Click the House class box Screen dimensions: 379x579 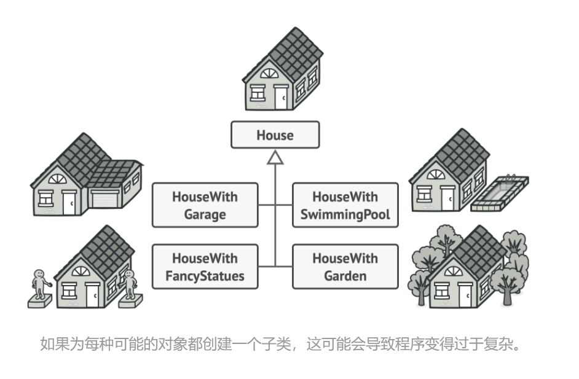click(x=275, y=135)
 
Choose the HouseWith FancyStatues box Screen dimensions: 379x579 click(x=205, y=267)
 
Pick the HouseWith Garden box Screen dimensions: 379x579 click(x=345, y=267)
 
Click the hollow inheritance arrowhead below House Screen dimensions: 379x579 click(x=275, y=158)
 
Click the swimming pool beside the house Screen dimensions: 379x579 click(x=500, y=193)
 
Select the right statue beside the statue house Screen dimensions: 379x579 click(x=130, y=285)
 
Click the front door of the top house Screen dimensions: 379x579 click(x=280, y=97)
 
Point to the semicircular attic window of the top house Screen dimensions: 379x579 click(x=269, y=74)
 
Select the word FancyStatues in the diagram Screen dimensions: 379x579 click(x=205, y=276)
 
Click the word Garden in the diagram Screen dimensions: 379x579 click(x=345, y=276)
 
